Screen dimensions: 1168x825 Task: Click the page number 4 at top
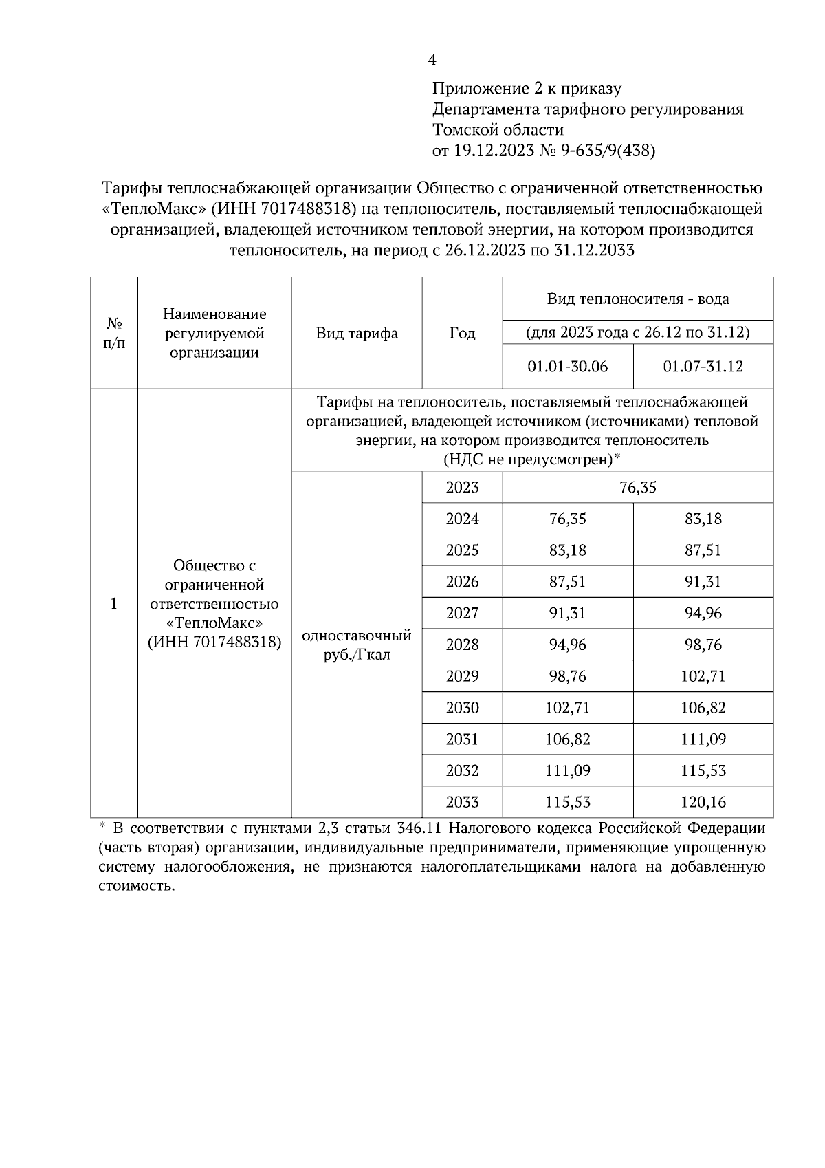(432, 61)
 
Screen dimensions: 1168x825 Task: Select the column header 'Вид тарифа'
(357, 334)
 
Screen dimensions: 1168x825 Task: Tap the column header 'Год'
(462, 334)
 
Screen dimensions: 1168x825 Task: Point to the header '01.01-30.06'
(567, 367)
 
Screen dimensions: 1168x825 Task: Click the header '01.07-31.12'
(703, 367)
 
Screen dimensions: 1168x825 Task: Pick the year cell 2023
(462, 488)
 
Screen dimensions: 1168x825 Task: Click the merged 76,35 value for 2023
(637, 488)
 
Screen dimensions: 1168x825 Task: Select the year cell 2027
(462, 614)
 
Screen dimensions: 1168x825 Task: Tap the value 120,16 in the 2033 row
(703, 802)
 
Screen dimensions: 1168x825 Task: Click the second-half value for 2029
(703, 676)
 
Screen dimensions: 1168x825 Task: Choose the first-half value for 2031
(567, 739)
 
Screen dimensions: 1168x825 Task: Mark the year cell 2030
(462, 708)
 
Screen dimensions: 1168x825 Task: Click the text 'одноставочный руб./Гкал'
(357, 645)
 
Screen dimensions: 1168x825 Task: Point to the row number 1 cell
(114, 604)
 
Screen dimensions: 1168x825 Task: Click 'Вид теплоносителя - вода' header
(637, 299)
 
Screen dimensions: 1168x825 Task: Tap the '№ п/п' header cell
(114, 333)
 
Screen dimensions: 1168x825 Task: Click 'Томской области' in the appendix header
(498, 130)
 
